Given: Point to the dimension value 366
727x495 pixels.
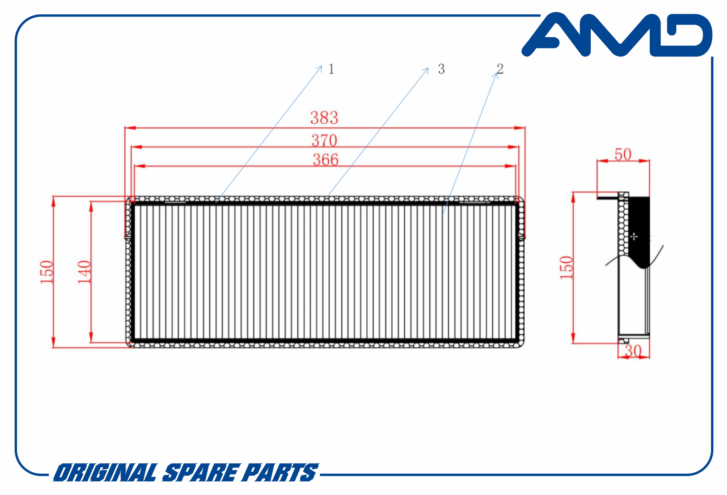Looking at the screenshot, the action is (x=326, y=160).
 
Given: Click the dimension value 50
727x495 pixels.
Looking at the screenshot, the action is (x=623, y=155).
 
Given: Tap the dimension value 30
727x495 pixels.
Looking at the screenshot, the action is (x=633, y=351).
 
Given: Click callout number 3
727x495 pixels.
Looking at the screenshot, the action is (x=441, y=69).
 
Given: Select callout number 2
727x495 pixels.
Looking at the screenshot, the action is (x=500, y=69).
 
